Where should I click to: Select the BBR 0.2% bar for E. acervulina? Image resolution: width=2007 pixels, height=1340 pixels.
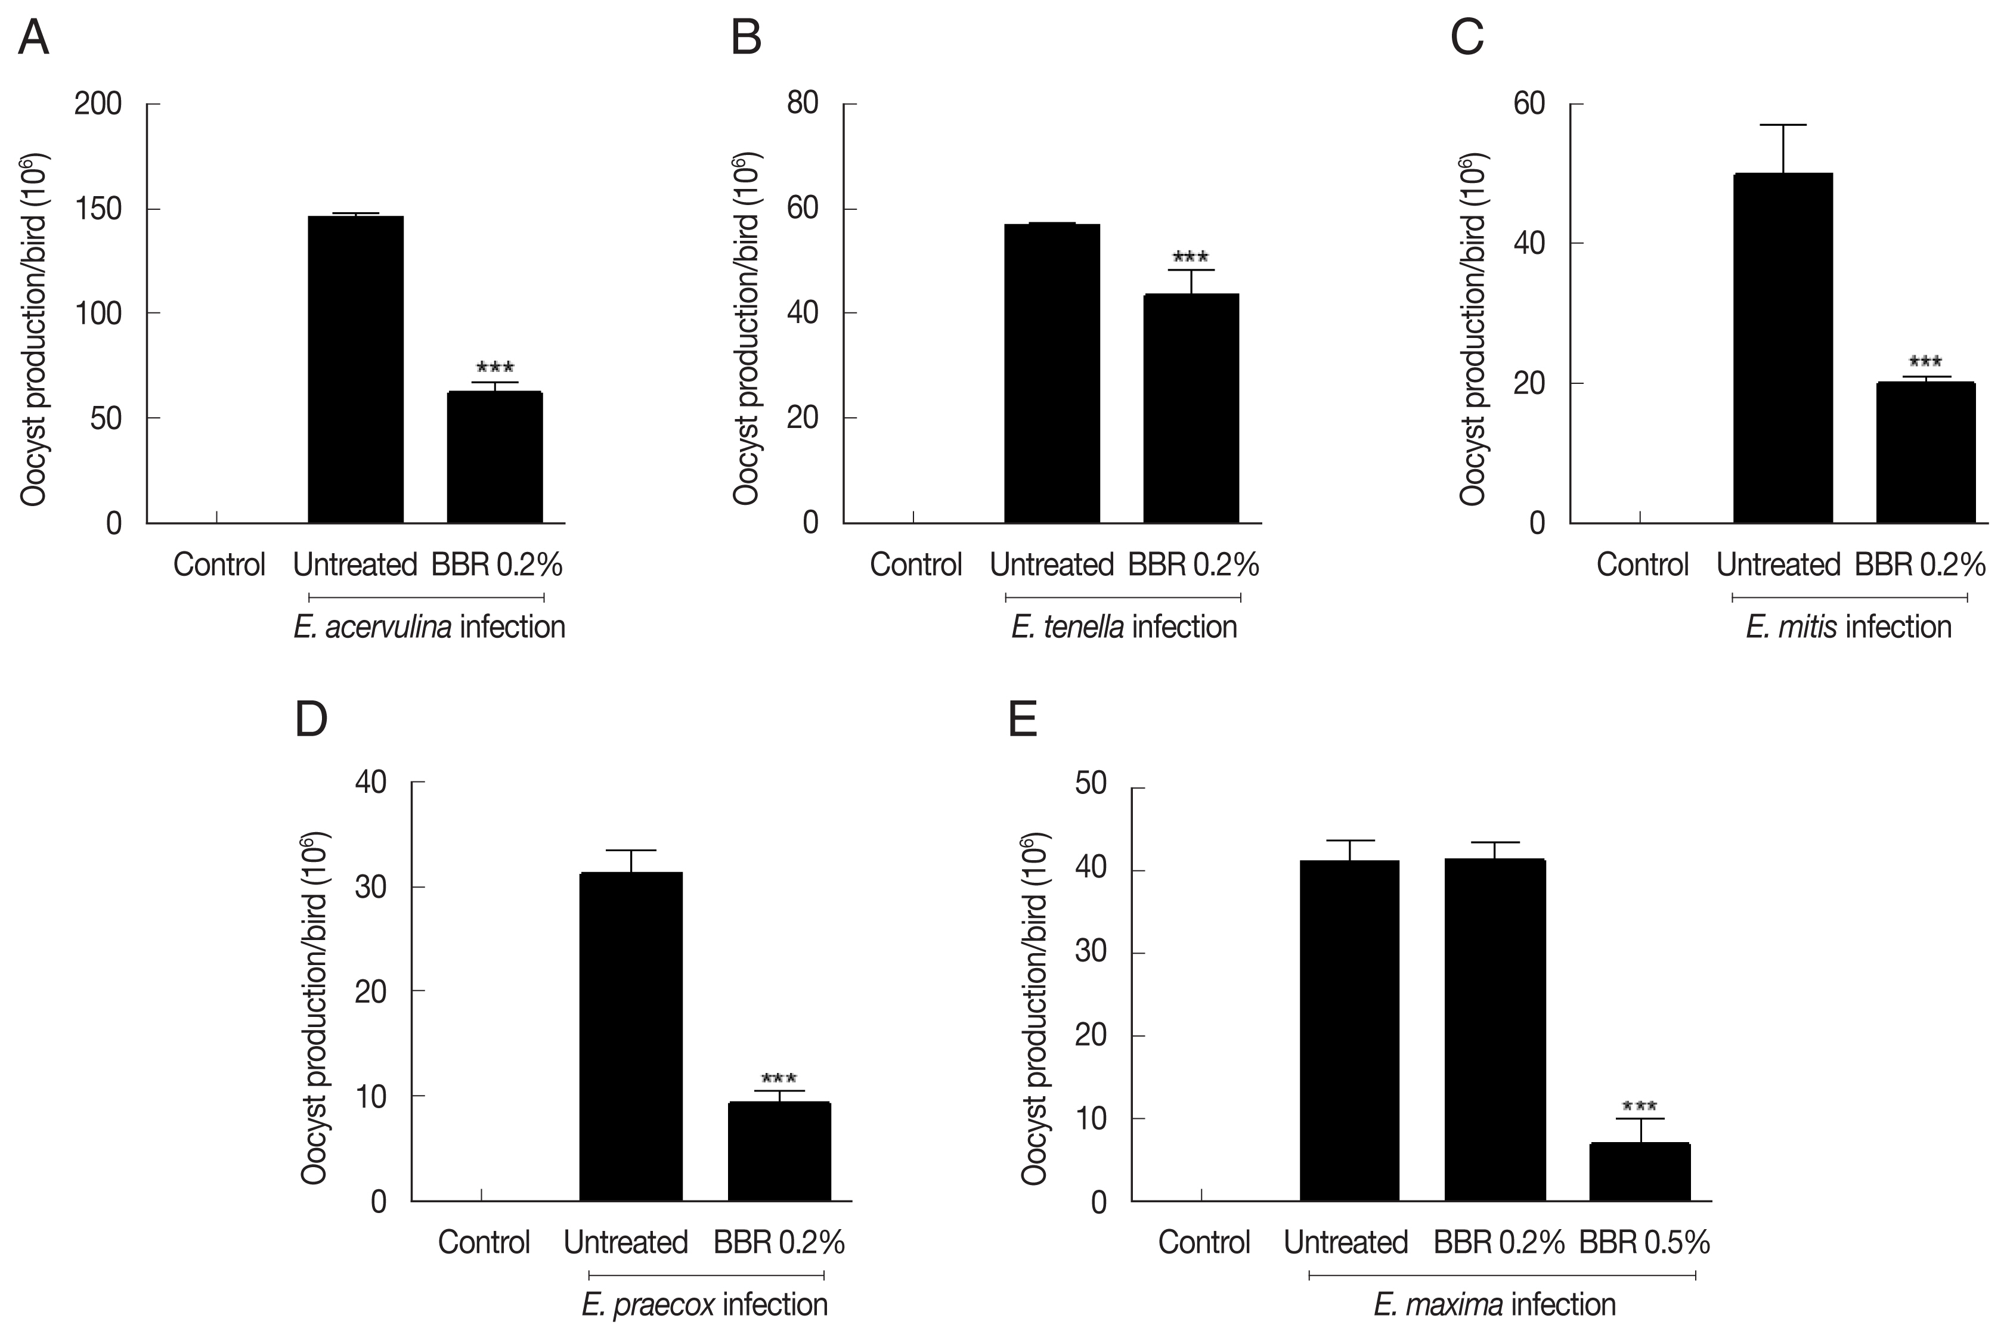(494, 457)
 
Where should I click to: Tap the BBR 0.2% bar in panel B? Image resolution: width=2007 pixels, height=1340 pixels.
(1191, 408)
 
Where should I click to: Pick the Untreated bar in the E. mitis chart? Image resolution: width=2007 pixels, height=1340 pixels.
(1782, 348)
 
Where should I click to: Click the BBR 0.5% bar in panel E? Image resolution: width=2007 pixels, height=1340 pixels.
(1640, 1172)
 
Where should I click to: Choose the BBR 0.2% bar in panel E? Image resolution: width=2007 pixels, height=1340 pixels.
(1495, 1030)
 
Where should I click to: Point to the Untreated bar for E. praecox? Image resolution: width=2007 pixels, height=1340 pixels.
(631, 1037)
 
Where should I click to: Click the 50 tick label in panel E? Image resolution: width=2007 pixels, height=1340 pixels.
(1090, 784)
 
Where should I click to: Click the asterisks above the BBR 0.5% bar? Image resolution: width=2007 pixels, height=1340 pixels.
(1640, 1107)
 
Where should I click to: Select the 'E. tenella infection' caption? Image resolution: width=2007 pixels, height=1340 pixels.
(1123, 627)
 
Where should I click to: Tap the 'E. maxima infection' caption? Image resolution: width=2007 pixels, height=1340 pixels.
(1494, 1305)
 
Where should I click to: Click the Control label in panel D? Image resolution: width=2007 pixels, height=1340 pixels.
(484, 1242)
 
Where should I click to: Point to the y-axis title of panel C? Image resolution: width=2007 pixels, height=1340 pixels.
(1472, 329)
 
